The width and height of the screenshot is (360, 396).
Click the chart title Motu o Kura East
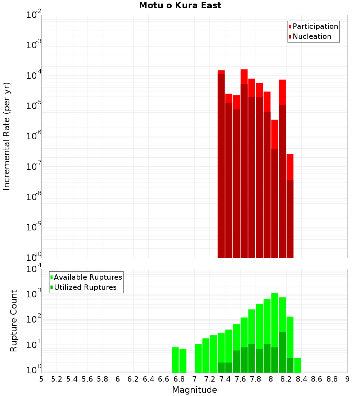pos(180,5)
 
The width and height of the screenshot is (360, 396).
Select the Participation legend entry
pos(315,26)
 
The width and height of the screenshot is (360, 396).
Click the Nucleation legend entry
pos(311,36)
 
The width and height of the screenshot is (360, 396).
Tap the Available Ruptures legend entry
pos(87,277)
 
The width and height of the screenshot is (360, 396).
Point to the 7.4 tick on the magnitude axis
pos(225,379)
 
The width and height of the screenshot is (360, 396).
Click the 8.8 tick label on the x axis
pos(332,379)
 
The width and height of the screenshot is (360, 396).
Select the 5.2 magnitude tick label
pos(57,379)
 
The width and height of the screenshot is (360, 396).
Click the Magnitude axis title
pos(194,390)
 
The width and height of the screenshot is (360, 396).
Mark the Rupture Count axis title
pos(14,320)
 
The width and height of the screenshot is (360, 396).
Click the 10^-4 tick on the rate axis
pos(34,76)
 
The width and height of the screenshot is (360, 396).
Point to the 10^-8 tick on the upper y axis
pos(34,197)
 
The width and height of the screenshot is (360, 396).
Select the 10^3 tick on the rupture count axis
pos(34,294)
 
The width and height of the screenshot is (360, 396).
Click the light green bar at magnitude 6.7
pos(175,360)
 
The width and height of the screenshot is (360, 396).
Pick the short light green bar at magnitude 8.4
pos(298,365)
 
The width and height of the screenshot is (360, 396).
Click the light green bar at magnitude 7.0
pos(198,358)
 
